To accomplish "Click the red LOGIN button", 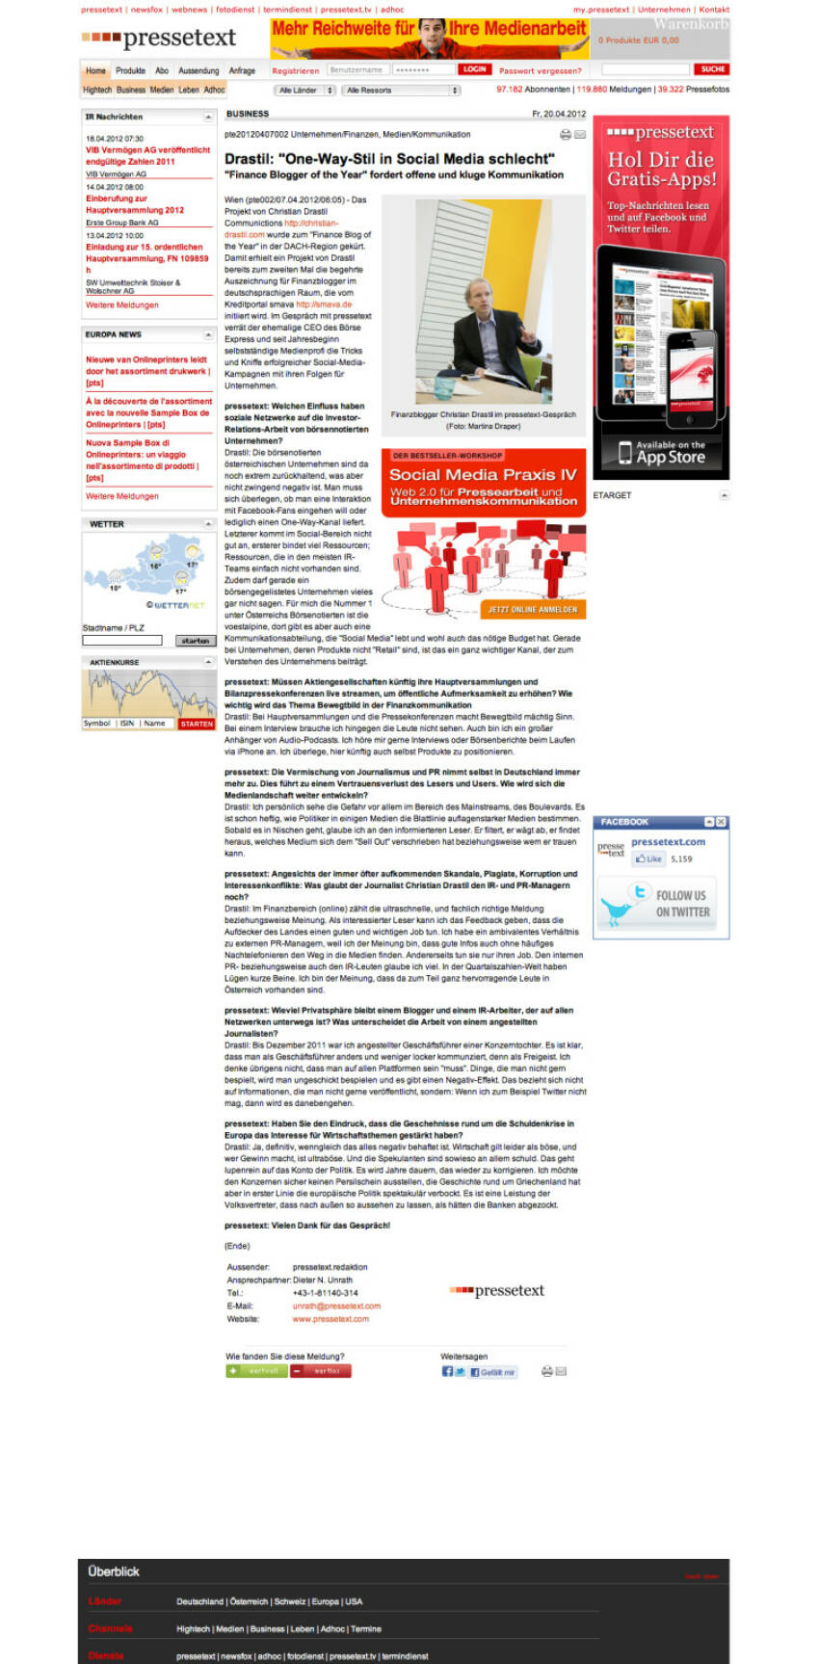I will coord(474,69).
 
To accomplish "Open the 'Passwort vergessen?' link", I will coord(540,70).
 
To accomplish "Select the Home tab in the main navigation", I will coord(95,70).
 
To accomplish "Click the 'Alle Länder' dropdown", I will coord(304,91).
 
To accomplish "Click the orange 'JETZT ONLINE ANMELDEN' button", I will coord(532,610).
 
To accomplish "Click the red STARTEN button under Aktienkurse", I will coord(197,724).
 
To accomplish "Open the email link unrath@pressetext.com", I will coord(336,1306).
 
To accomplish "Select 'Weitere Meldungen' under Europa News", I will coord(122,496).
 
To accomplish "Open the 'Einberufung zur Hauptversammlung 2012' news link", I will coord(135,204).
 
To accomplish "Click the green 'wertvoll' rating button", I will coord(255,1370).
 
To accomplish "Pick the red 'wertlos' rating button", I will coord(321,1370).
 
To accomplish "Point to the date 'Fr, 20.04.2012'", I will coord(558,114).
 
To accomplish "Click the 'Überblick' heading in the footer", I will coord(114,1572).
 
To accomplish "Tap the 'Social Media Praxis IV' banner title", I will coord(483,474).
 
